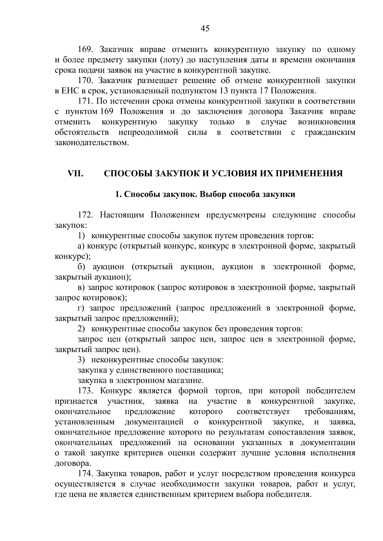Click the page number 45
[x=205, y=29]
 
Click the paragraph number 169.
[x=85, y=50]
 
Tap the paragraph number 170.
[x=85, y=81]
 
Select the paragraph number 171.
[x=85, y=101]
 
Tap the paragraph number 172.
[x=85, y=215]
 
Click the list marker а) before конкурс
[x=81, y=246]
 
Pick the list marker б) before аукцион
[x=81, y=267]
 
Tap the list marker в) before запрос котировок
[x=81, y=288]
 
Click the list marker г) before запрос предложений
[x=81, y=308]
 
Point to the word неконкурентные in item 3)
[x=124, y=360]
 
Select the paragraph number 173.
[x=85, y=391]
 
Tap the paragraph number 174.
[x=85, y=474]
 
